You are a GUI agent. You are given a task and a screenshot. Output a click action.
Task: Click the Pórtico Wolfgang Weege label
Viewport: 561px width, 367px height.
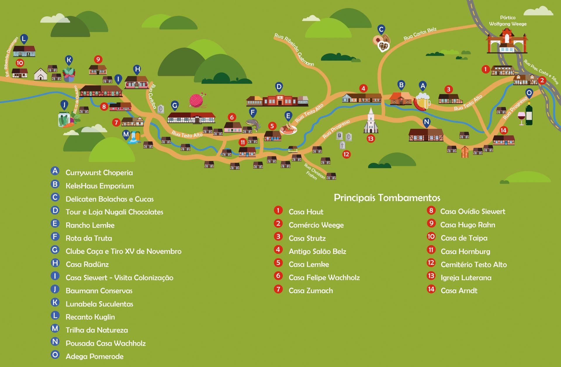(x=508, y=21)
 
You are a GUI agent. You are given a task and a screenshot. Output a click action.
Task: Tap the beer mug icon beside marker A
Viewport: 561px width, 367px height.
(x=423, y=101)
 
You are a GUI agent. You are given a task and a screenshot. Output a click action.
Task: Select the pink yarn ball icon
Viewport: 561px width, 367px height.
(x=197, y=101)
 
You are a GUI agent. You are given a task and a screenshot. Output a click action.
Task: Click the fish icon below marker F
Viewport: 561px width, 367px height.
(x=253, y=124)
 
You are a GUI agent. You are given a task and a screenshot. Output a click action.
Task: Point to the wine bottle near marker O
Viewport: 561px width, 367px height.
(x=529, y=114)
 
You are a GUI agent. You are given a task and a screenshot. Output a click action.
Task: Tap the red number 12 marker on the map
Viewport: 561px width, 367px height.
(x=346, y=154)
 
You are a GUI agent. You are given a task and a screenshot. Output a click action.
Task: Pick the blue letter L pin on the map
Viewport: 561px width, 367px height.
(x=24, y=39)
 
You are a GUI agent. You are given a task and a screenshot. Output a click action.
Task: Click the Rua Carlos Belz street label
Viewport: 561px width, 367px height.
(x=420, y=34)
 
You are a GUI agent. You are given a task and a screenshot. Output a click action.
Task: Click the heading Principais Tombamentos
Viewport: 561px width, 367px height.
(x=387, y=198)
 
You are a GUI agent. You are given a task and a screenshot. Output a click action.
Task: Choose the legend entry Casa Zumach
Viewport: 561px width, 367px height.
(x=311, y=291)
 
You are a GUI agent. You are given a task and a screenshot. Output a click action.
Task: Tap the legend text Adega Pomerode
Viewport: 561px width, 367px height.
(x=94, y=356)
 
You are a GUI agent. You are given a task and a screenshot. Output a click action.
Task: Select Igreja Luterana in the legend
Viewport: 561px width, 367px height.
(x=466, y=278)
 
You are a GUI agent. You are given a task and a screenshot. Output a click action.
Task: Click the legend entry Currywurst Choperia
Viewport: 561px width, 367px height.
(x=99, y=173)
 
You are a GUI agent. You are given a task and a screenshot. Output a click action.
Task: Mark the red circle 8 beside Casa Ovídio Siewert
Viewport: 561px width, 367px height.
(x=431, y=210)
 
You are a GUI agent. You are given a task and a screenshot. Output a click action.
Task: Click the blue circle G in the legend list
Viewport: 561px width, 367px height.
(x=55, y=250)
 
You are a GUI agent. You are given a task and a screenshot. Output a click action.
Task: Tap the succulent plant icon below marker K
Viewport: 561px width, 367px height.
(x=69, y=74)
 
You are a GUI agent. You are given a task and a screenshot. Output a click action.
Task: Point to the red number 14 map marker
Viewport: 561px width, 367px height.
(x=503, y=130)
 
